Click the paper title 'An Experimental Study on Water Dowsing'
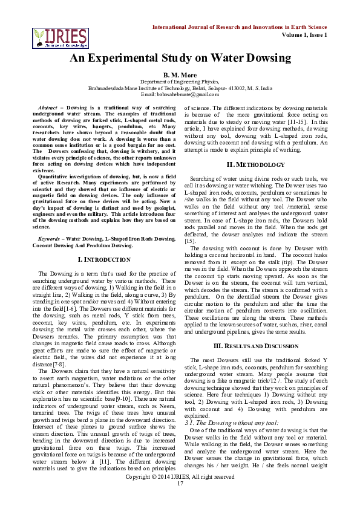pos(180,58)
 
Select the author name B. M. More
pos(180,74)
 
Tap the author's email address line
pos(180,94)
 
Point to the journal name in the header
pos(240,28)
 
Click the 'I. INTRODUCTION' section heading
pos(105,259)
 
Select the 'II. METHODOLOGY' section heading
pos(255,165)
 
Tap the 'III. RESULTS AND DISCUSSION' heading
pos(256,346)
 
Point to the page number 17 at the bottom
pos(180,500)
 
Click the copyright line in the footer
pos(180,493)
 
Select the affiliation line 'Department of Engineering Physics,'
pos(180,81)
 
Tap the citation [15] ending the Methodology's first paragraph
pos(189,241)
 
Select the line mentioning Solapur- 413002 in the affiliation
pos(180,88)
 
